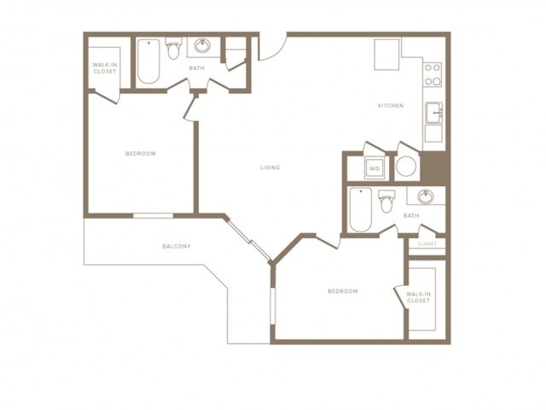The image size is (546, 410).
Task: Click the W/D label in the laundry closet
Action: click(375, 169)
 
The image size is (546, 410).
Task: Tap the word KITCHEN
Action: click(391, 106)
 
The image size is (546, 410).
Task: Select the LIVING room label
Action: click(270, 167)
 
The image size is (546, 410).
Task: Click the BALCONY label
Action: click(177, 247)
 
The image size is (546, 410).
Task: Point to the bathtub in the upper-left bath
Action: click(148, 61)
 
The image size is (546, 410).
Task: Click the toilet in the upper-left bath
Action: click(173, 48)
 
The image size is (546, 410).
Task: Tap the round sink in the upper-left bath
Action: click(202, 45)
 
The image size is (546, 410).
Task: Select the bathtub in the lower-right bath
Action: click(361, 210)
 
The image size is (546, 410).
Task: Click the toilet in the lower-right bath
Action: click(386, 202)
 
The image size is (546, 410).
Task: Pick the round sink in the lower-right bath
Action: click(426, 196)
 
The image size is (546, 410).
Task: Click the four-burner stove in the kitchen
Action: click(433, 74)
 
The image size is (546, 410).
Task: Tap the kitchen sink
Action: click(434, 113)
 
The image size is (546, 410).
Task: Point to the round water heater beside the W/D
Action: click(406, 167)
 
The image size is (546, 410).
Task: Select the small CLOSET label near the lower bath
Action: click(427, 244)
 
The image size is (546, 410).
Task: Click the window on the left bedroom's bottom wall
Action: click(154, 216)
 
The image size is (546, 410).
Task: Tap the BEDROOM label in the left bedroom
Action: click(141, 154)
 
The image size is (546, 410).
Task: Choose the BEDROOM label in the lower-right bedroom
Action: click(343, 291)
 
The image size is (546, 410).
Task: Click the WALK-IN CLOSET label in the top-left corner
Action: click(104, 68)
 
